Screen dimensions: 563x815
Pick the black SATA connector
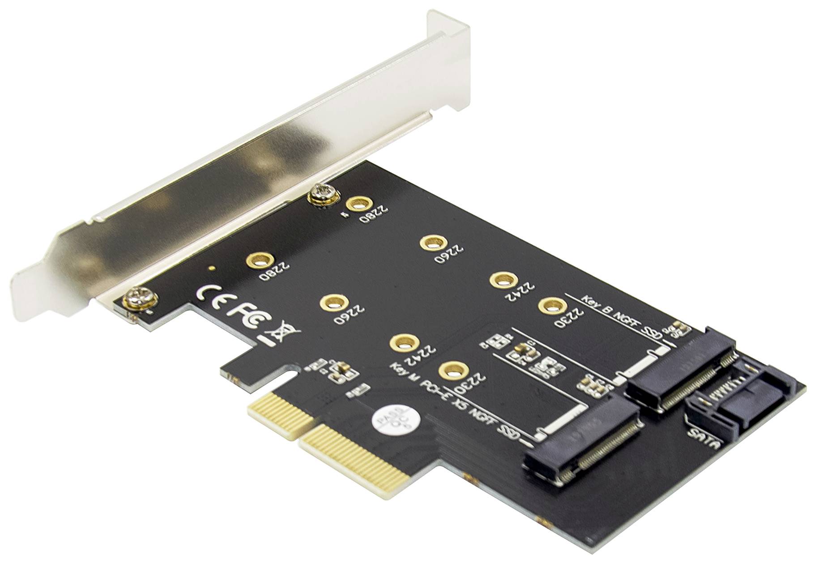click(741, 393)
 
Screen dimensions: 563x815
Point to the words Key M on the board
click(404, 375)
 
